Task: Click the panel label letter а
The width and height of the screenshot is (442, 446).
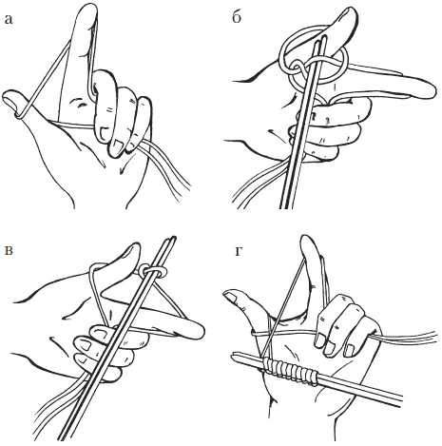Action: [x=9, y=20]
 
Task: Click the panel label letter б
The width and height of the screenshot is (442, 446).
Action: [x=237, y=17]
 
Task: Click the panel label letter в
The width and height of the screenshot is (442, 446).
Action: [x=9, y=250]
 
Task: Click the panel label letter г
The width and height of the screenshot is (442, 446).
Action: [x=240, y=251]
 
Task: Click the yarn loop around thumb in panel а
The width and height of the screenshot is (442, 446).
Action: [x=20, y=115]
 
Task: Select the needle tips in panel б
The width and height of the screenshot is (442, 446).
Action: [x=320, y=40]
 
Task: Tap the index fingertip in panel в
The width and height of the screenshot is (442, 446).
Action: [x=197, y=331]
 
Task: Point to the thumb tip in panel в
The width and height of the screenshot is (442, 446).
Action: [x=132, y=250]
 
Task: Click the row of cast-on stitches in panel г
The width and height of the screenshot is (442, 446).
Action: [x=291, y=370]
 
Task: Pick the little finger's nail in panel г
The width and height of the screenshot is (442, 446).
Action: [x=350, y=351]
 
